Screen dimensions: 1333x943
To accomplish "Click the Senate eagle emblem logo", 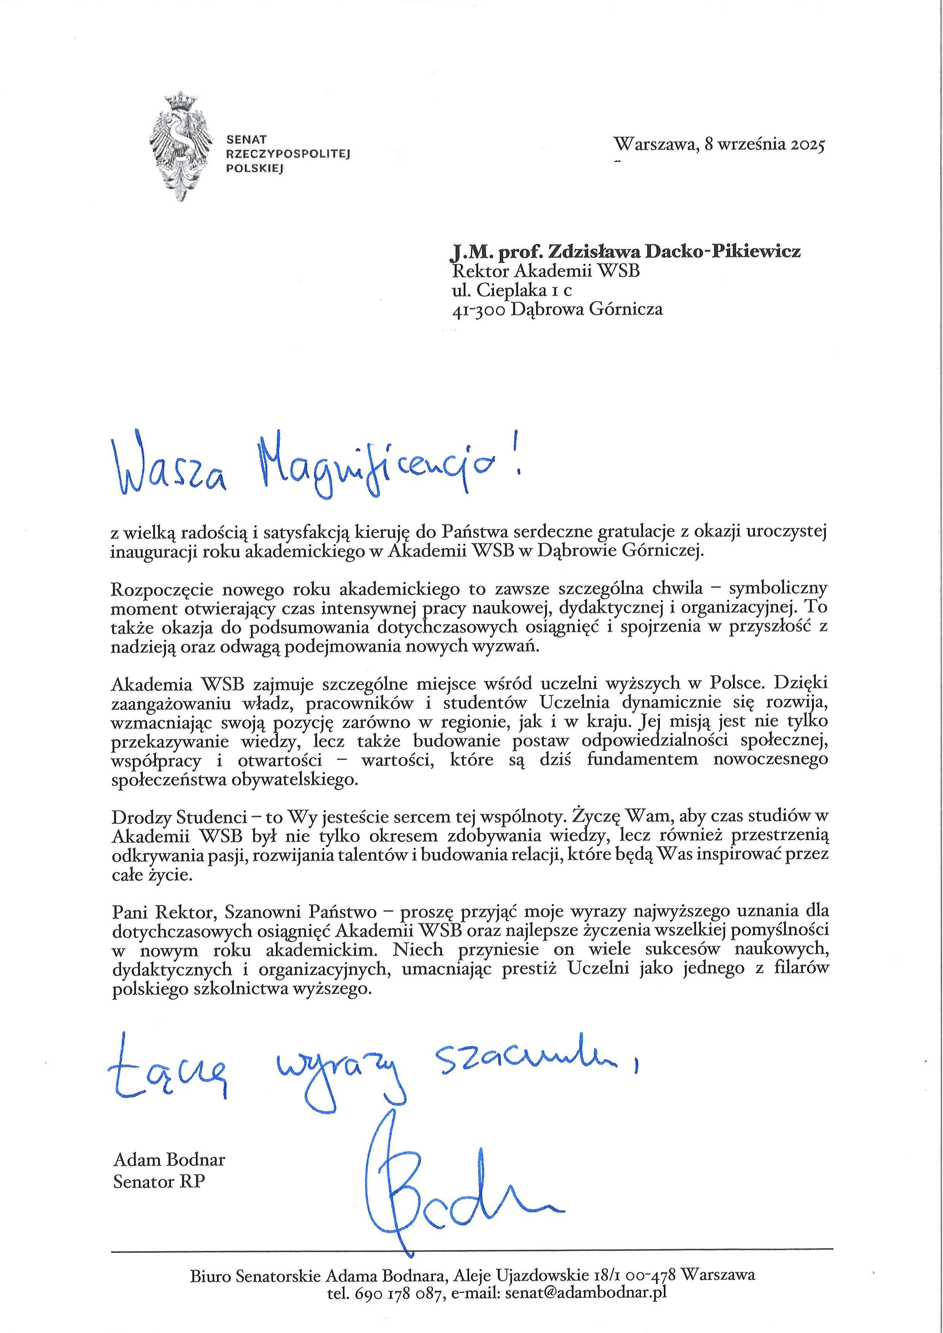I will click(x=179, y=146).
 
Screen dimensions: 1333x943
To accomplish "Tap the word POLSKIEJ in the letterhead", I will click(x=254, y=168).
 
